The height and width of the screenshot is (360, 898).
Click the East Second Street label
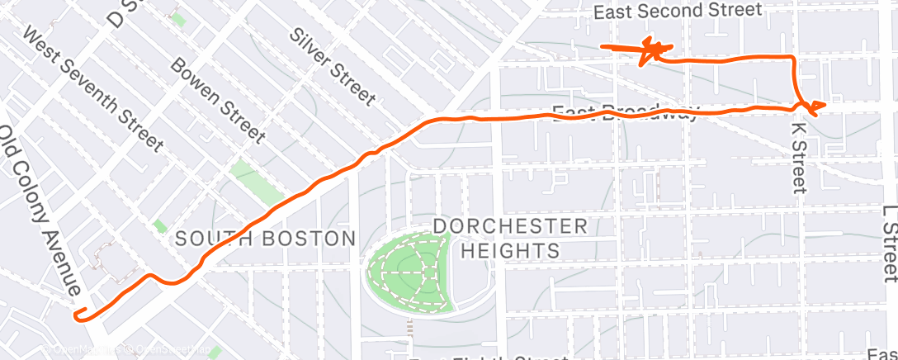677,11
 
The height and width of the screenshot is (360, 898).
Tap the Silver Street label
333,65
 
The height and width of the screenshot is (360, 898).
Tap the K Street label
797,157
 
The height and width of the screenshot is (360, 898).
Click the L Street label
889,244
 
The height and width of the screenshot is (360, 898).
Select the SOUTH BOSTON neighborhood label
265,239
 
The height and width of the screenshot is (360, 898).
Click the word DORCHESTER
510,225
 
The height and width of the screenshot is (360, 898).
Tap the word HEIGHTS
510,249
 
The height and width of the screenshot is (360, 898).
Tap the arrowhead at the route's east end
817,107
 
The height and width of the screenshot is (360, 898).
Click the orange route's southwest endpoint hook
79,313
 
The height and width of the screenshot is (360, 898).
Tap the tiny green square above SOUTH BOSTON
159,225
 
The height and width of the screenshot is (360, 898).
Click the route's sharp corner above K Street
793,58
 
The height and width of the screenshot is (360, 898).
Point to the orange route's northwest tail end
603,47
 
